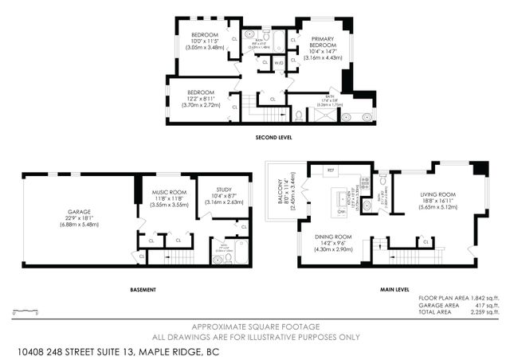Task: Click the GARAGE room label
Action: click(79, 212)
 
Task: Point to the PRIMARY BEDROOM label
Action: click(323, 41)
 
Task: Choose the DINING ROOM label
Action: click(332, 237)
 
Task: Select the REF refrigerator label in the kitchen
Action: click(331, 170)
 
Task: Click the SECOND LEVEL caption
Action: click(273, 137)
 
